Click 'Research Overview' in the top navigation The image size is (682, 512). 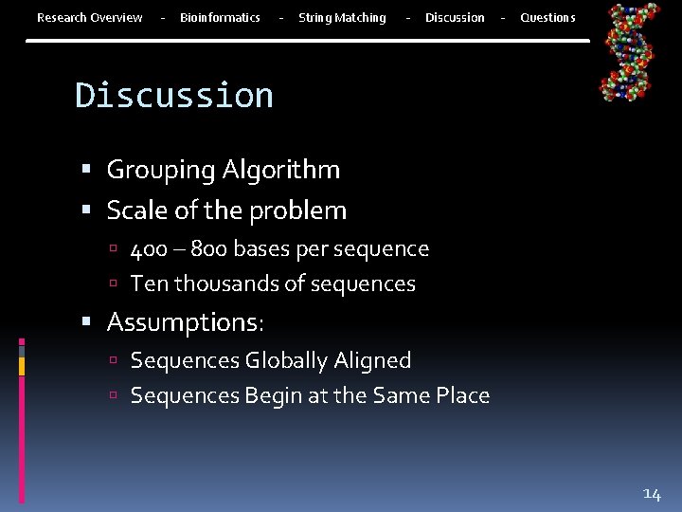coord(89,17)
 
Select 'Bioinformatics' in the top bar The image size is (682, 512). coord(220,17)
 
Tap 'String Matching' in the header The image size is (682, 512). coord(342,17)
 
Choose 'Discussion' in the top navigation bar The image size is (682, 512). coord(455,17)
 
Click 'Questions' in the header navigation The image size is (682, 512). coord(547,17)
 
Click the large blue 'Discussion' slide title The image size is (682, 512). coord(174,95)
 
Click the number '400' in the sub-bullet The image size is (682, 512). coord(149,249)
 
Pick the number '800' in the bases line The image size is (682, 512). coord(208,249)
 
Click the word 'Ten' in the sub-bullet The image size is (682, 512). coord(147,283)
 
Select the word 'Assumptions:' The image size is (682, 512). coord(186,322)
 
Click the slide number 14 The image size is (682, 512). coord(652,493)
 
